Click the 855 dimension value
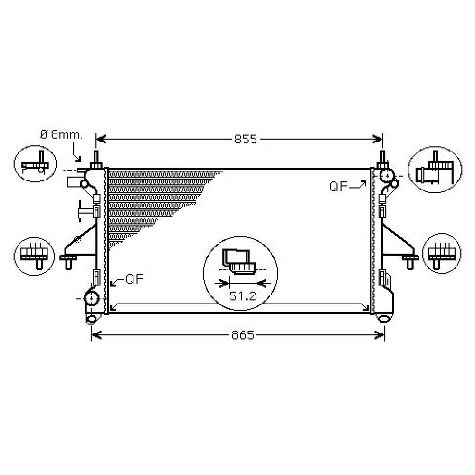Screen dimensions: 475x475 [x=246, y=139]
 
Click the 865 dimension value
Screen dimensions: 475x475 [x=243, y=335]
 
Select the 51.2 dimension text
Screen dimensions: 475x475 [x=243, y=296]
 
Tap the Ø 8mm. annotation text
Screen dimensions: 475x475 [x=61, y=134]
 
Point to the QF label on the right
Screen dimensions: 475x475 [x=338, y=187]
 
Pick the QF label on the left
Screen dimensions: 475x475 [x=134, y=279]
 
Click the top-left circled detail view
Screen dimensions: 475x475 [x=35, y=164]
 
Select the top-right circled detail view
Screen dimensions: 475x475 [x=435, y=170]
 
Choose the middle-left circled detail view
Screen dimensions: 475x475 [x=34, y=256]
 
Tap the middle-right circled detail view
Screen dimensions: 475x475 [x=442, y=253]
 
